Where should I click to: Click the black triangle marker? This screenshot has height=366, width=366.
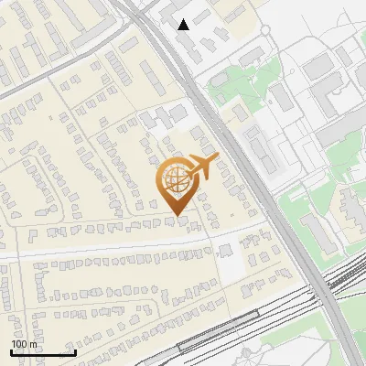pos(184,24)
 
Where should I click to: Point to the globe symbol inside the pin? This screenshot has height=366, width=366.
pos(176,177)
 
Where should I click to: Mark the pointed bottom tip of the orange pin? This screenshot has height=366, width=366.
pos(178,217)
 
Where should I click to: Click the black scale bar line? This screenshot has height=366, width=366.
pos(42,352)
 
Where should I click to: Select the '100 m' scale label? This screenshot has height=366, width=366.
pos(24,344)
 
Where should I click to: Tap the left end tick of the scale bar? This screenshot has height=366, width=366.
pos(11,351)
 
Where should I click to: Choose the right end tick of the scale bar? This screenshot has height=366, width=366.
pos(74,351)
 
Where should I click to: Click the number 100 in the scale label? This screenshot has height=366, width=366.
pos(19,344)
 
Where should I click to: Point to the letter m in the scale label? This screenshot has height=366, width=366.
pos(33,344)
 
